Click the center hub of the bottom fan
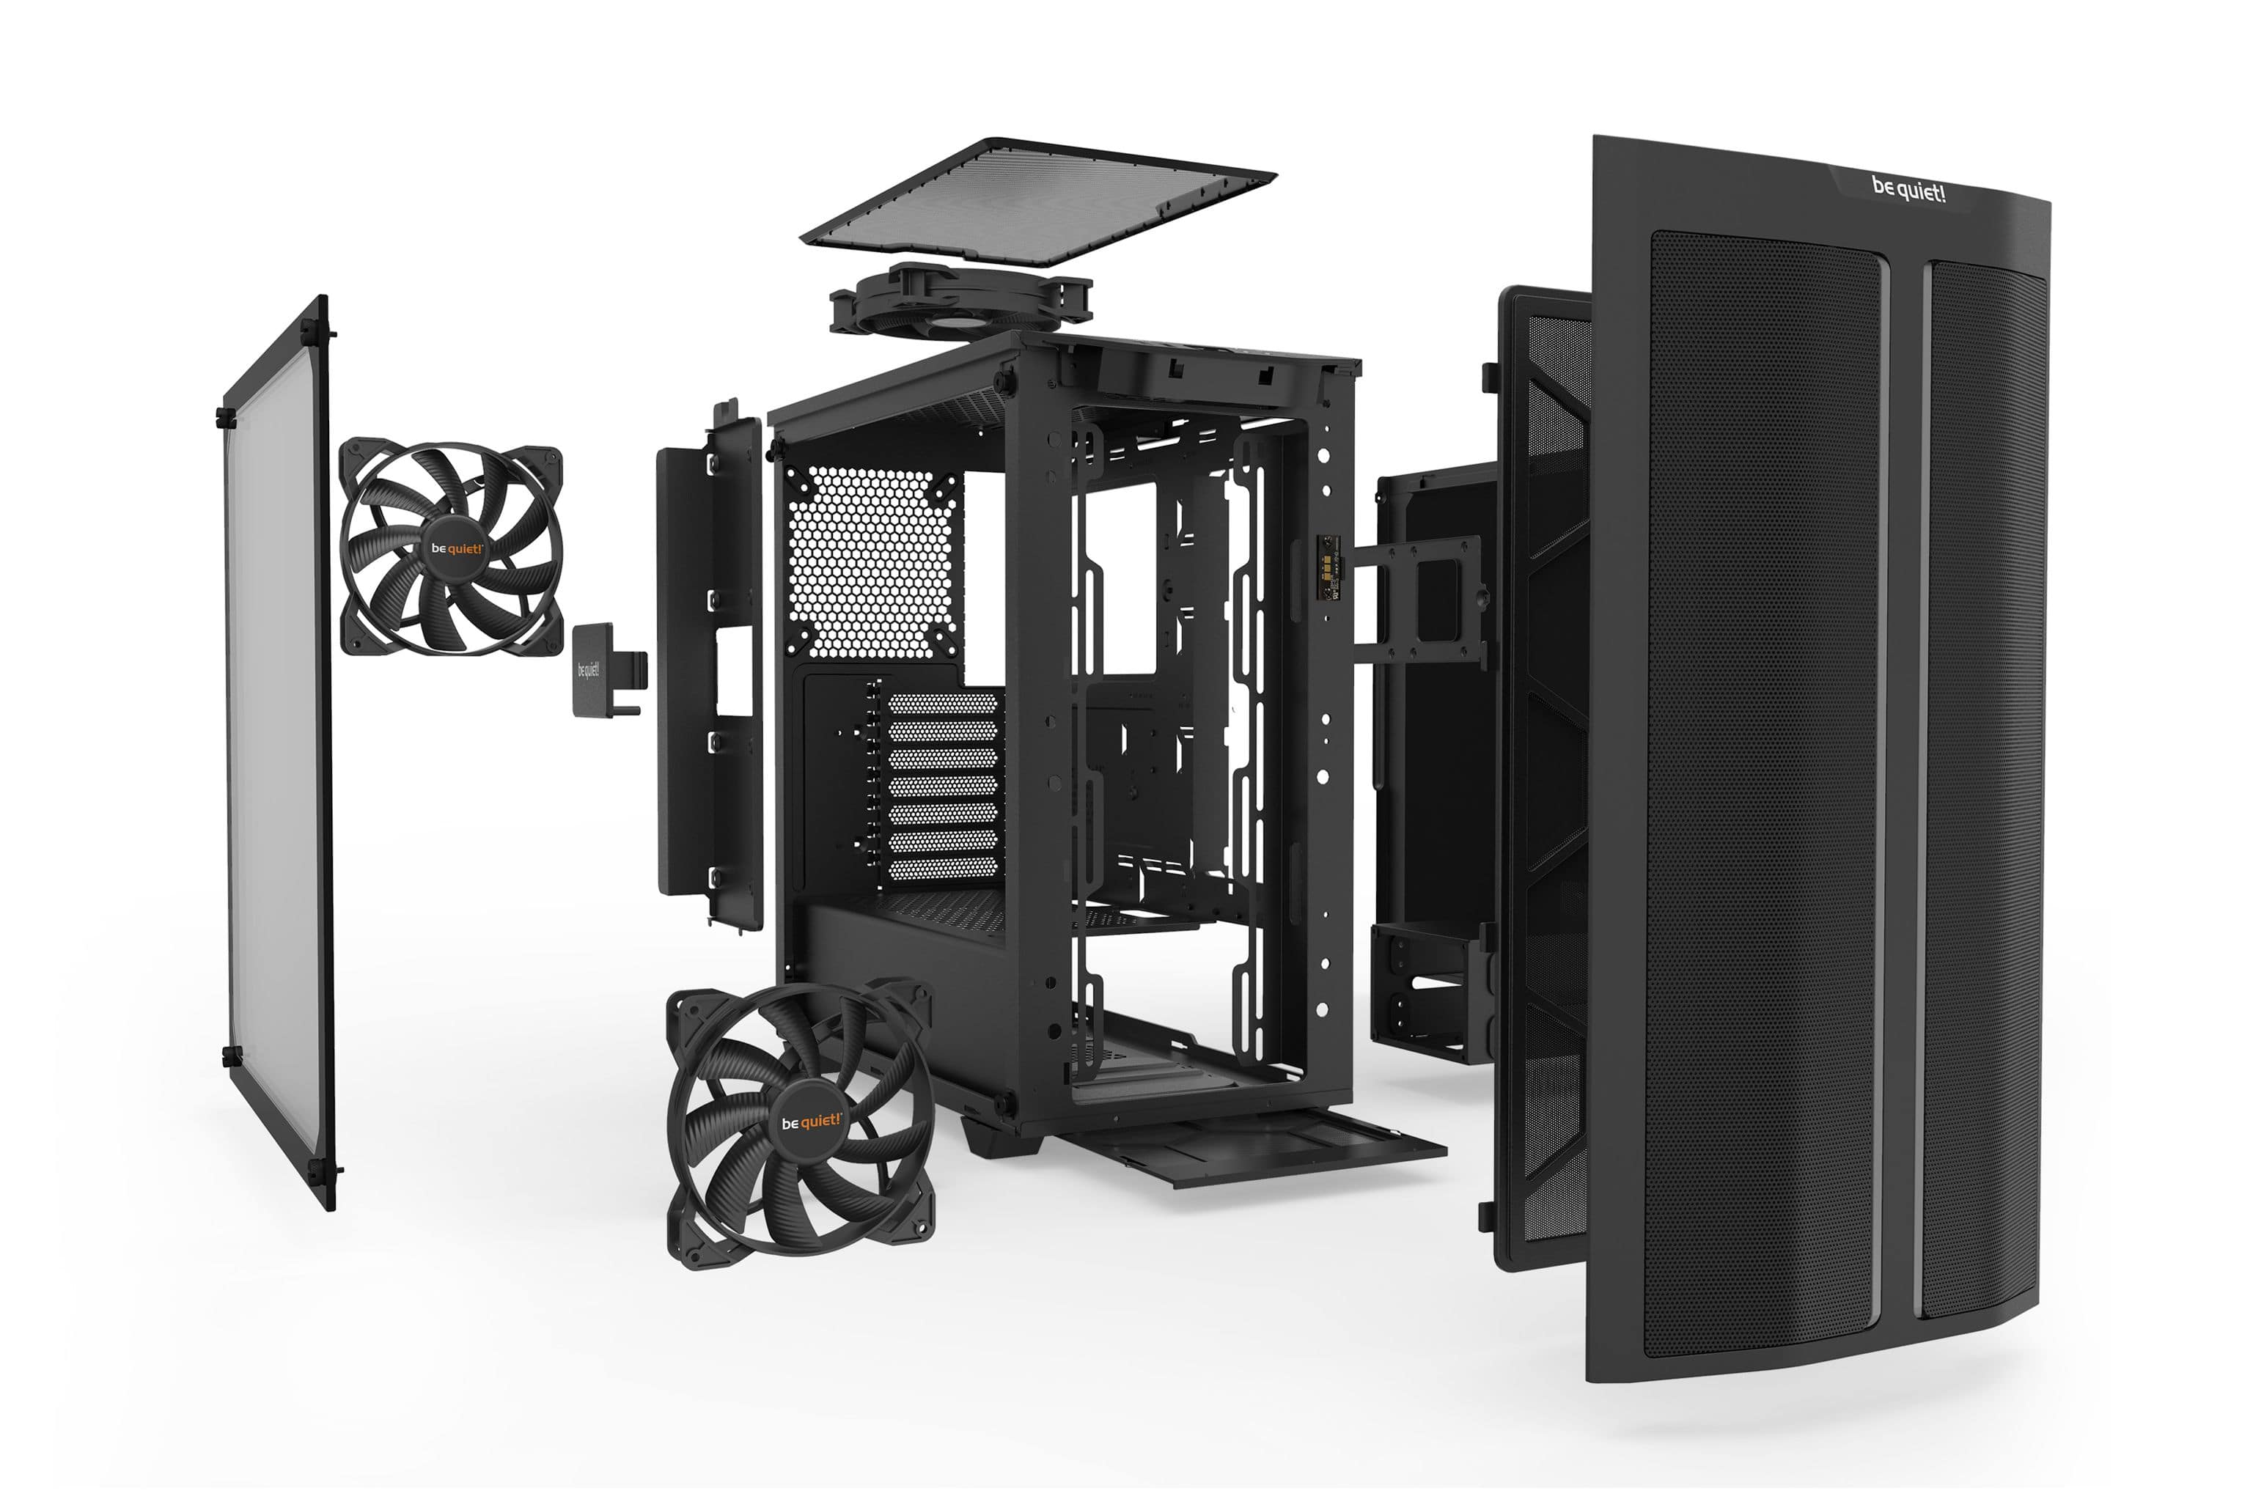tap(811, 1122)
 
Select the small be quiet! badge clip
tap(608, 669)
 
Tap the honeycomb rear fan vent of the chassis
tap(872, 561)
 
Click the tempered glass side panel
tap(277, 751)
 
